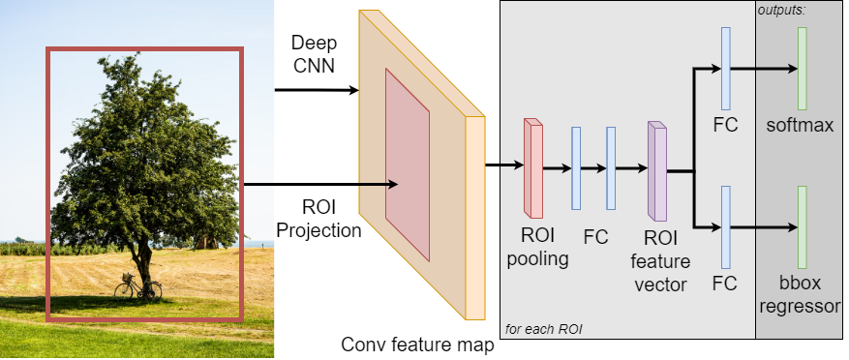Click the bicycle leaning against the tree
(x=138, y=286)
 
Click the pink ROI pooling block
(x=533, y=168)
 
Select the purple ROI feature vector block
(x=657, y=170)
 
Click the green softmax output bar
(x=802, y=68)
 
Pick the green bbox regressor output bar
(x=802, y=226)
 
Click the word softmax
(x=800, y=126)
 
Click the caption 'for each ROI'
(x=543, y=330)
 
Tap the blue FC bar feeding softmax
(x=725, y=68)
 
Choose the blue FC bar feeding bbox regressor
(x=725, y=226)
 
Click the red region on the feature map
(x=408, y=163)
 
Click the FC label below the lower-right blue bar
(x=724, y=284)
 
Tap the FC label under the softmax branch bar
(x=724, y=126)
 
